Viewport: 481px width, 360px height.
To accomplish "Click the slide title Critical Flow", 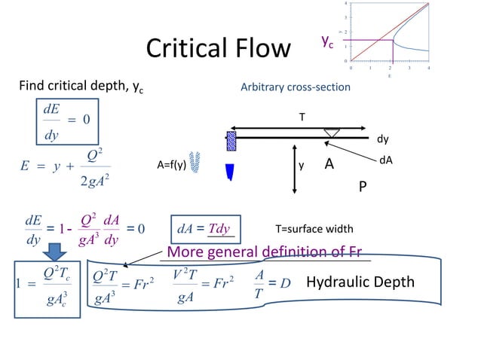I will pos(218,48).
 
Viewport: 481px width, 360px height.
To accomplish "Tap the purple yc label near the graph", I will pos(327,42).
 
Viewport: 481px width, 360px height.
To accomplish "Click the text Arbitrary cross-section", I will pos(295,87).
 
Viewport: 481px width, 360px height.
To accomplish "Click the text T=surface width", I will pos(311,229).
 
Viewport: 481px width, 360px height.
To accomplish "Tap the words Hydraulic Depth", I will pos(360,282).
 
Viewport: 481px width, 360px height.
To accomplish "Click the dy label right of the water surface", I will pos(383,139).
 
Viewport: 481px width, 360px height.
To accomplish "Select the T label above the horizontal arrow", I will pos(302,117).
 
